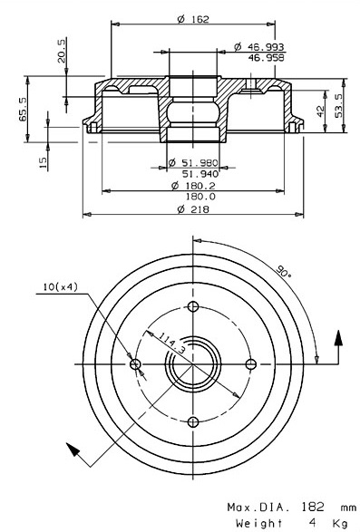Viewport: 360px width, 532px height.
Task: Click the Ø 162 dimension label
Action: point(193,19)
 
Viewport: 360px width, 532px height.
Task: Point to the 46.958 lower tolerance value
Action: point(266,58)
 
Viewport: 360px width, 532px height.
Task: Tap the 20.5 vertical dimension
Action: point(61,52)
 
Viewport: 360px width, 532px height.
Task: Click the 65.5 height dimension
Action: point(23,110)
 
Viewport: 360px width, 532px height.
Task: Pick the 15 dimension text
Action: point(43,162)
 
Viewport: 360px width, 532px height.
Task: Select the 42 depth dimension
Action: point(320,111)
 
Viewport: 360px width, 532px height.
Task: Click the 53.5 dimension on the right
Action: point(338,105)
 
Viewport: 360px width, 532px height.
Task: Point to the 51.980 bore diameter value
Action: point(193,163)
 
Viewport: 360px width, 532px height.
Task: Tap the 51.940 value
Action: point(200,174)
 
